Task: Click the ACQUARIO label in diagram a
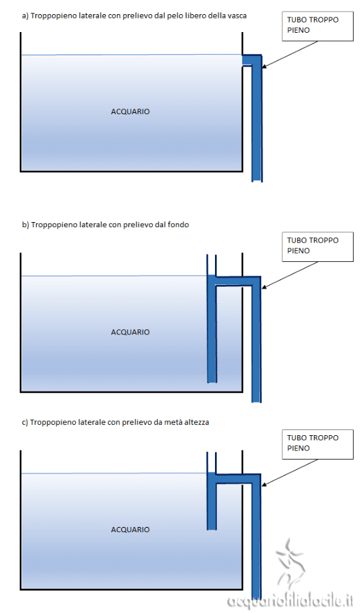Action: point(130,112)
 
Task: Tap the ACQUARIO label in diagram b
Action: point(130,332)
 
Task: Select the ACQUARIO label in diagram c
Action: point(130,530)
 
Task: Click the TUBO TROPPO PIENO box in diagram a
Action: point(318,26)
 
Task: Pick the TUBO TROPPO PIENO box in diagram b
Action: point(318,247)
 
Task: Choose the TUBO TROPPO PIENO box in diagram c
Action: point(318,444)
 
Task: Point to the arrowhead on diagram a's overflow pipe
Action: point(264,67)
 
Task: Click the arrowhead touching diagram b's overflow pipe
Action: point(264,288)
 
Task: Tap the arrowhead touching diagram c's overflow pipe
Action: point(264,485)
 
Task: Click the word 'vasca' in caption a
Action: point(237,16)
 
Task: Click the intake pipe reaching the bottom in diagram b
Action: point(212,329)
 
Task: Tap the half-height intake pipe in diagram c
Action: point(212,501)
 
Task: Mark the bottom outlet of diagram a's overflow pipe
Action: point(257,180)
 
